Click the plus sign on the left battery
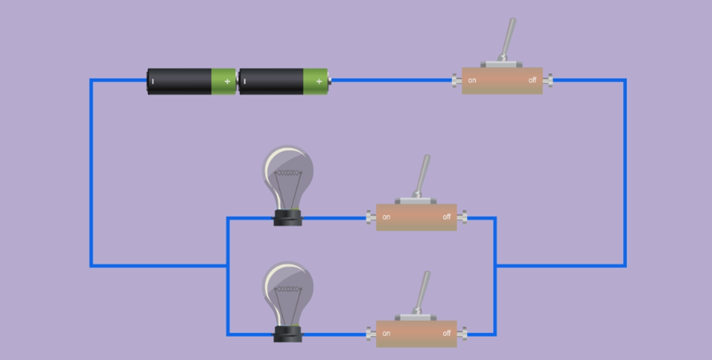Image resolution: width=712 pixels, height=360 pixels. pos(227,82)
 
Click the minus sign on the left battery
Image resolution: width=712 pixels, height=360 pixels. pos(153,82)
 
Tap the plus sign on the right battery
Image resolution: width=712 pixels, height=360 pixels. pos(319,82)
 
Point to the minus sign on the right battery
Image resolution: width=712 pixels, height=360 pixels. pos(244,82)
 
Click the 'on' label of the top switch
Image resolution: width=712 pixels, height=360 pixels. pos(472,80)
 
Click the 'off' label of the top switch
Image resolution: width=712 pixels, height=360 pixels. pos(532,80)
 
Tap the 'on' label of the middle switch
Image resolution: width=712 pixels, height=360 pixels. pos(387,217)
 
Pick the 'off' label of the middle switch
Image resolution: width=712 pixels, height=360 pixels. pos(447,217)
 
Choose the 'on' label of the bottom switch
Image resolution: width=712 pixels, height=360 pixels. pos(387,333)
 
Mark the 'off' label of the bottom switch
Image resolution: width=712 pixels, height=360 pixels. pos(447,333)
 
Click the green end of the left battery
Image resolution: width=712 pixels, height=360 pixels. pos(223,82)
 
